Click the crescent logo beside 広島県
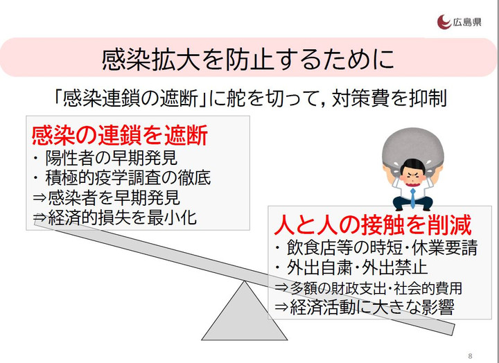pyautogui.click(x=444, y=22)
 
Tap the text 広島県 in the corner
pyautogui.click(x=467, y=22)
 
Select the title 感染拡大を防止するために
pyautogui.click(x=248, y=59)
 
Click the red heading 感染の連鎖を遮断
pyautogui.click(x=120, y=135)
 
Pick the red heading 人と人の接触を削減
pyautogui.click(x=372, y=224)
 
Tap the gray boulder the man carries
pyautogui.click(x=413, y=150)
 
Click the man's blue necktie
pyautogui.click(x=413, y=198)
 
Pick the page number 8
pyautogui.click(x=471, y=355)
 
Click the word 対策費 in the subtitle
pyautogui.click(x=360, y=98)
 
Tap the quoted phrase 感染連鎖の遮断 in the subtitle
pyautogui.click(x=130, y=98)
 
